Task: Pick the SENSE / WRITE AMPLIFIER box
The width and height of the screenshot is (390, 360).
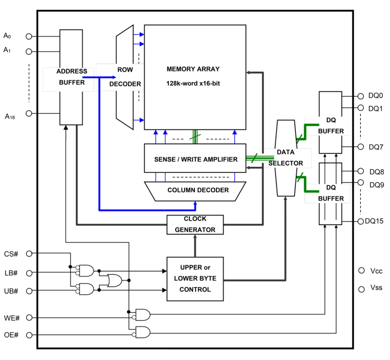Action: point(196,159)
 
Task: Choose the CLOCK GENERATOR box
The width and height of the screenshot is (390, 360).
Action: point(195,225)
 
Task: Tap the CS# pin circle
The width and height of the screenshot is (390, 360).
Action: point(29,253)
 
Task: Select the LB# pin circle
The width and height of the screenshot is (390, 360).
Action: point(29,273)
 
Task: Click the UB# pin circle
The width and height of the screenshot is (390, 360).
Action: point(29,291)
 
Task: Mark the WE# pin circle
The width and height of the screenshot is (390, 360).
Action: point(29,317)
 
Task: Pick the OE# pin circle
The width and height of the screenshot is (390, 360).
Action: point(29,335)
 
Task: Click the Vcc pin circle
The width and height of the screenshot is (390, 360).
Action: point(361,271)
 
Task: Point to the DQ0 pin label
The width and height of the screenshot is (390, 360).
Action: point(376,96)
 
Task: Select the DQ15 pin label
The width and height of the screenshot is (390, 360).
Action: point(376,222)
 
